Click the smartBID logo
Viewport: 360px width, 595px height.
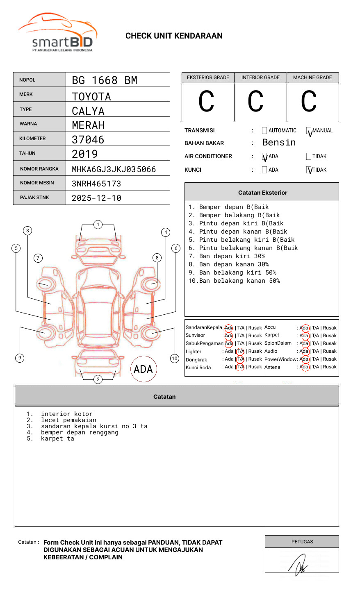click(57, 33)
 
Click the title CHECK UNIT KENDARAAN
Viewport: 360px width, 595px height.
click(174, 36)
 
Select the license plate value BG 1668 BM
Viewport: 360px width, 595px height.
click(105, 80)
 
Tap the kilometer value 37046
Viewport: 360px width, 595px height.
click(88, 140)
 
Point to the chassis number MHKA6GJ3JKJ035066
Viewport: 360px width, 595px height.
click(114, 169)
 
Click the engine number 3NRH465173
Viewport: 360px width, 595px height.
click(96, 184)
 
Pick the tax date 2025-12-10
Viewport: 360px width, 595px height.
click(96, 198)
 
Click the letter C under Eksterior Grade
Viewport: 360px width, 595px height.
click(207, 102)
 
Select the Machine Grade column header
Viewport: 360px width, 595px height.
click(312, 77)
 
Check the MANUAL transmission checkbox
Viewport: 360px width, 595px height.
click(309, 131)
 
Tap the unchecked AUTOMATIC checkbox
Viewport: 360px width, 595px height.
click(264, 131)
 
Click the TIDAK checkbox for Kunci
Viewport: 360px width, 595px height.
click(309, 170)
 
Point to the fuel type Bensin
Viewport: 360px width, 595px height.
click(279, 143)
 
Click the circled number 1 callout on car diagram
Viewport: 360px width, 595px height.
click(98, 225)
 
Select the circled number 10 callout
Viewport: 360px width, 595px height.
click(175, 359)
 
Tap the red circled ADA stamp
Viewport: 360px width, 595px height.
click(144, 369)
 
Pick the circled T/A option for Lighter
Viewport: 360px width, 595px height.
click(240, 351)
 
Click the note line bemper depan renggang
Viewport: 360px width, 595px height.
click(80, 432)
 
